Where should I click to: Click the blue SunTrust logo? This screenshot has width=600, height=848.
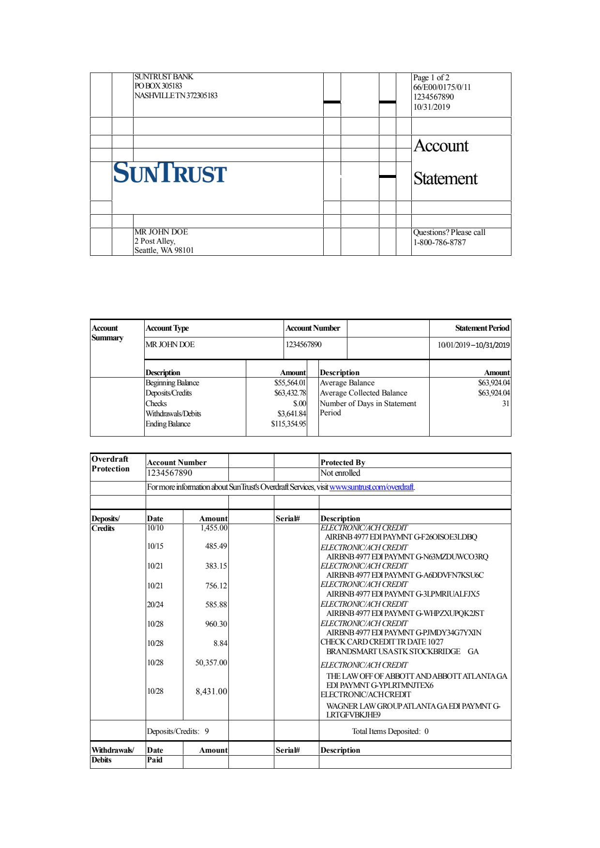(170, 173)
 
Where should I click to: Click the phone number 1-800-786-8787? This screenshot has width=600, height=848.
(439, 242)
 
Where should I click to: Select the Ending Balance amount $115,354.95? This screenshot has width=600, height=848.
(288, 424)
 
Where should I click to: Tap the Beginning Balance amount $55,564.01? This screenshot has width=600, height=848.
(290, 383)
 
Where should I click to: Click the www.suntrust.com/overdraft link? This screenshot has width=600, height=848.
(372, 487)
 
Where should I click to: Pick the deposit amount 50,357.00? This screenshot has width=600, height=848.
(211, 663)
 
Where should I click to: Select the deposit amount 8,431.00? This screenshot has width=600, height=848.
(211, 691)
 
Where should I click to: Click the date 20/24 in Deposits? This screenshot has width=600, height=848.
(155, 605)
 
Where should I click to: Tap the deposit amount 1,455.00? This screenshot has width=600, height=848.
(214, 528)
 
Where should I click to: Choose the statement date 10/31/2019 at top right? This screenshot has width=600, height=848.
(432, 107)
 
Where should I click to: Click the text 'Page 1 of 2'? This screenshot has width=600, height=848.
(431, 77)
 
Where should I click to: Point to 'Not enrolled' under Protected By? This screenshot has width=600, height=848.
(340, 473)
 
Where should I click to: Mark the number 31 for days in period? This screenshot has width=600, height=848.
(506, 404)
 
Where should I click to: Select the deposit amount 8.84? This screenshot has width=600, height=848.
(220, 643)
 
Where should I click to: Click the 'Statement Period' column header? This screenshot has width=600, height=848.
(482, 328)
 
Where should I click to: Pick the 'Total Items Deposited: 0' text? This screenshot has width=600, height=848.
(390, 731)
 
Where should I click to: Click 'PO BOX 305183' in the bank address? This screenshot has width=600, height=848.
(158, 86)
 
